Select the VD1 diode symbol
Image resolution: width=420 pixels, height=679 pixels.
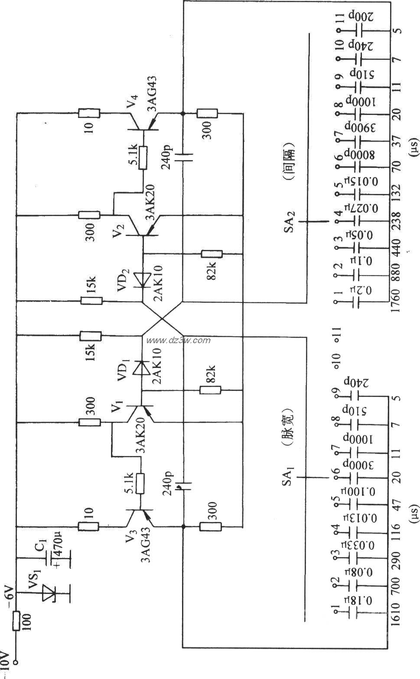point(140,368)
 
